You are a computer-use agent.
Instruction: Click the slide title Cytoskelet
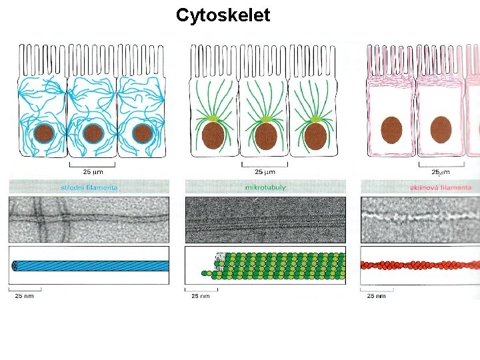coord(223,15)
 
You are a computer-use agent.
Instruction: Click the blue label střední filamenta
coord(89,187)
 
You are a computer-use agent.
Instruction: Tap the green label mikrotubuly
coord(265,187)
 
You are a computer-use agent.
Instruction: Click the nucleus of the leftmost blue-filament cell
coord(44,133)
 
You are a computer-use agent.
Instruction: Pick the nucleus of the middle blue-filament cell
coord(93,133)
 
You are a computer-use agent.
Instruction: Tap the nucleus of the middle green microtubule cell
coord(266,135)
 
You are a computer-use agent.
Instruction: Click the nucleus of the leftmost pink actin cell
coord(392,129)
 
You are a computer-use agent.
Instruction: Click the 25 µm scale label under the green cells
coord(264,171)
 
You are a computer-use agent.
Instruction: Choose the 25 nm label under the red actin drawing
coord(376,295)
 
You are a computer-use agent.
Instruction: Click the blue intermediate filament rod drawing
coord(90,265)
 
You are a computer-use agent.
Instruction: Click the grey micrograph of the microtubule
coord(265,219)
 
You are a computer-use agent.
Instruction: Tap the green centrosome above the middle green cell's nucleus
coord(265,118)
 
